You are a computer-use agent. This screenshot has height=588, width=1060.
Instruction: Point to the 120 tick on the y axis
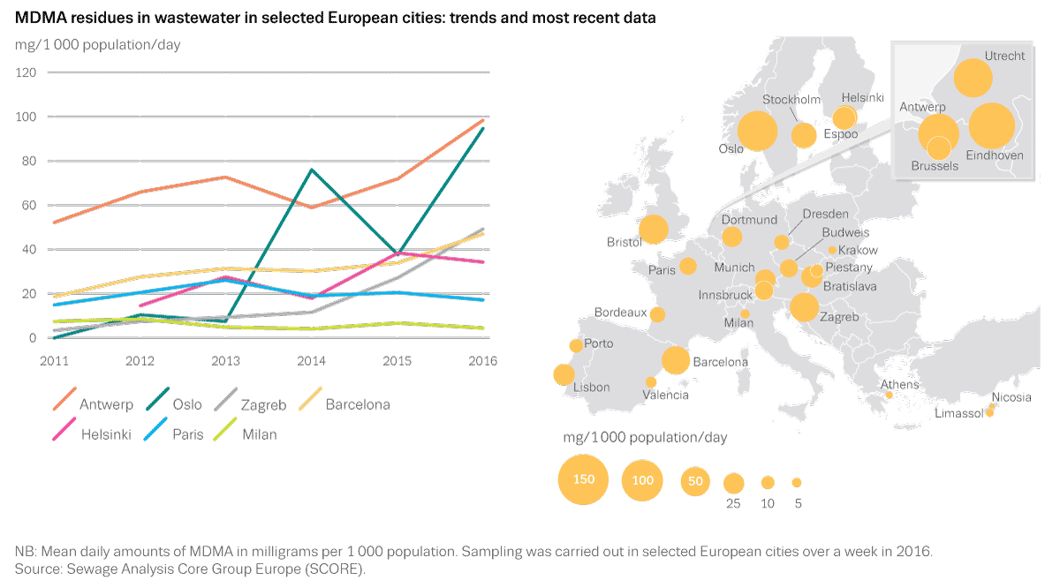(x=26, y=72)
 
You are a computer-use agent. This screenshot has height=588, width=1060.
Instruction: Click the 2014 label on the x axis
(x=312, y=360)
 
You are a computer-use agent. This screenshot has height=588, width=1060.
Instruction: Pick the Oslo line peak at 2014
(x=312, y=170)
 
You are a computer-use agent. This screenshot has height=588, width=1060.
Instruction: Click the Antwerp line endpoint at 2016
(x=483, y=121)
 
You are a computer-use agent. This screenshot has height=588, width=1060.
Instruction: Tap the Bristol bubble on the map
(x=654, y=230)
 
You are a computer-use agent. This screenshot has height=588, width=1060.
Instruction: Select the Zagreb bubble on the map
(x=804, y=307)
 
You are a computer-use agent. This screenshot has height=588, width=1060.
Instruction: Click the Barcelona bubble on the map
(x=676, y=359)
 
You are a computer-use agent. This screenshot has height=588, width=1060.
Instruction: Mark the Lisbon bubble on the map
(x=564, y=375)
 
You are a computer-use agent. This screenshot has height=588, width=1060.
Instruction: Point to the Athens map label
(x=899, y=385)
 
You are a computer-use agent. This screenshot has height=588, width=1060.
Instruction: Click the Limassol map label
(x=958, y=414)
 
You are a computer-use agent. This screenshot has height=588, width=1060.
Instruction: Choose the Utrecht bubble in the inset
(x=973, y=79)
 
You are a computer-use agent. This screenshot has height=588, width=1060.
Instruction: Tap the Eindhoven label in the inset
(x=995, y=155)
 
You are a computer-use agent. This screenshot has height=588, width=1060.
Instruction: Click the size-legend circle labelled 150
(x=584, y=480)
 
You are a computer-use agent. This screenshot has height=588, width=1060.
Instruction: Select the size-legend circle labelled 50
(x=696, y=481)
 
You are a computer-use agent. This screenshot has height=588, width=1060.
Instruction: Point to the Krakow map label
(x=858, y=251)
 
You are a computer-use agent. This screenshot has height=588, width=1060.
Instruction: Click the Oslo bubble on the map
(x=757, y=132)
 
